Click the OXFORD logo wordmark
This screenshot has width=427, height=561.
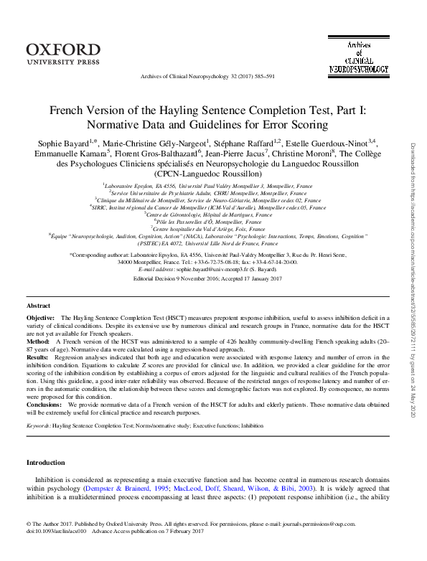coord(64,49)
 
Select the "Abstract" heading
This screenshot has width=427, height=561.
coord(39,326)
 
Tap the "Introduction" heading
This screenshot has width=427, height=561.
coord(46,463)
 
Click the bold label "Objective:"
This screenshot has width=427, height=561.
coord(40,336)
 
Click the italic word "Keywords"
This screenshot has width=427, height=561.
coord(37,425)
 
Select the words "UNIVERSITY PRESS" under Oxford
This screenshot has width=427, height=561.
coord(63,62)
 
